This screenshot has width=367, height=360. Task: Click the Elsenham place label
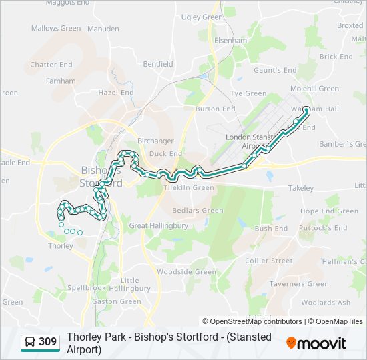[230, 40]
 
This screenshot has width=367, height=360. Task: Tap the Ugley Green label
[202, 17]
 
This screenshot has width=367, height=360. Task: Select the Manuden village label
[103, 29]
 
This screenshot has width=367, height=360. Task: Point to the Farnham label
[61, 81]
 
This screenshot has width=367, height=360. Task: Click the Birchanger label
[155, 141]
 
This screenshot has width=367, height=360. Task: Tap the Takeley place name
[300, 188]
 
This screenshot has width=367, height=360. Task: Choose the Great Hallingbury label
[158, 225]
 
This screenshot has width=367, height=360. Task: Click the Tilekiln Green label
[189, 188]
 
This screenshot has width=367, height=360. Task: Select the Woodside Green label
[186, 272]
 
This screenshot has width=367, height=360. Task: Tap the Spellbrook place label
[83, 288]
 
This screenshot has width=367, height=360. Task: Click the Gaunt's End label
[274, 70]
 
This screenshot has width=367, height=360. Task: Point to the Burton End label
[215, 109]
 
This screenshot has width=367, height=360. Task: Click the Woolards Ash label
[326, 303]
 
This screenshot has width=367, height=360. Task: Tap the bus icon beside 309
[30, 343]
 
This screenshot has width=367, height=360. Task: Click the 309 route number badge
[47, 343]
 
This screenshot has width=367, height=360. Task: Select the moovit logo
[316, 343]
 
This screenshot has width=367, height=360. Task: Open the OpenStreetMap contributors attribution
[252, 321]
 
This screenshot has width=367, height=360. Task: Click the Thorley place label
[61, 245]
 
